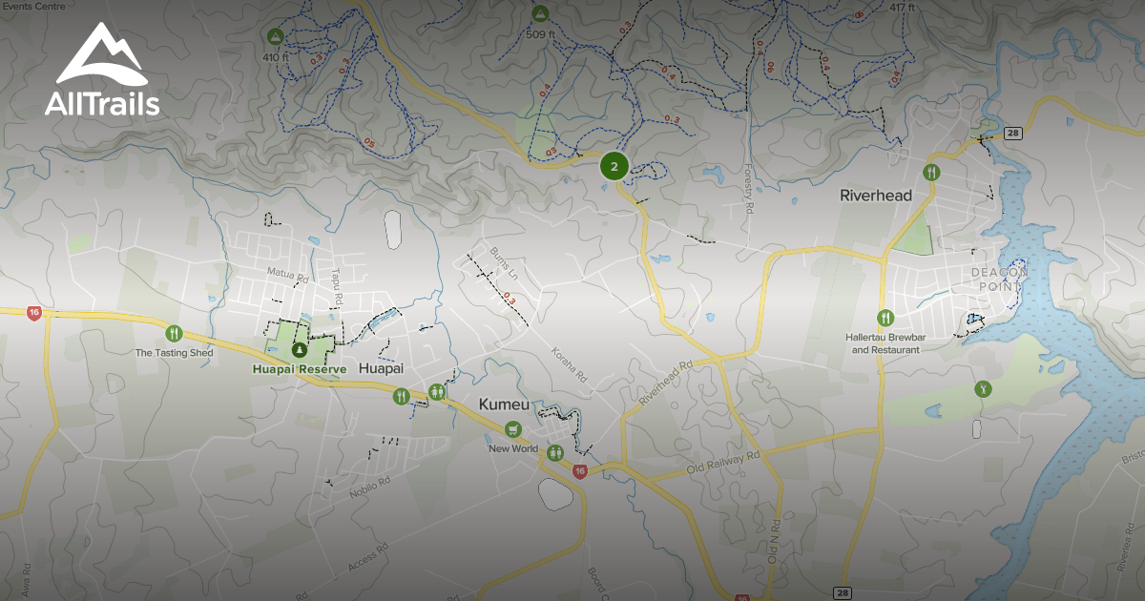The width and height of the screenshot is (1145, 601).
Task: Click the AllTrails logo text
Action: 102,104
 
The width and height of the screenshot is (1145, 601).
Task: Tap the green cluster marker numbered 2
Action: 614,167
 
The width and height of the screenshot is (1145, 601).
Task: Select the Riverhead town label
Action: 876,196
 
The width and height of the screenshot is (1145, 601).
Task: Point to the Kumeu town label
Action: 503,405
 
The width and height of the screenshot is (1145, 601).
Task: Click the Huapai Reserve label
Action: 301,368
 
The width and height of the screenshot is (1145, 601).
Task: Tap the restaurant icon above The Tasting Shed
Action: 174,333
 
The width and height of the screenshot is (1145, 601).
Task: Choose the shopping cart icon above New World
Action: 513,429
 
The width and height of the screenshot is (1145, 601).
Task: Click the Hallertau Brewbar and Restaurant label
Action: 885,343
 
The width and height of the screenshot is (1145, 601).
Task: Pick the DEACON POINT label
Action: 1000,279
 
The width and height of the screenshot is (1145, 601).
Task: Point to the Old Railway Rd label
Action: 723,464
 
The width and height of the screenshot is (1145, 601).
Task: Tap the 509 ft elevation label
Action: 541,34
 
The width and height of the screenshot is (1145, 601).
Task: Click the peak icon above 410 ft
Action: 275,36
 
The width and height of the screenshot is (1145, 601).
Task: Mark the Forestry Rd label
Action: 749,191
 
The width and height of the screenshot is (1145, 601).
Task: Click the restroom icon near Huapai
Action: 437,391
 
